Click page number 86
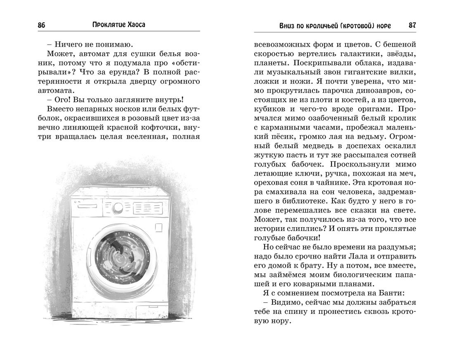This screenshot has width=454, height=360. pos(41,25)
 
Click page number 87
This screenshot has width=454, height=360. pos(412,25)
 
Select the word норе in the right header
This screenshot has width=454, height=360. pos(381,25)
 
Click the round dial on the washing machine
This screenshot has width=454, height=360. pos(118,207)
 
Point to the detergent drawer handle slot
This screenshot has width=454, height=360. pos(87,206)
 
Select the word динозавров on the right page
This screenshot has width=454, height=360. pos(377,90)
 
